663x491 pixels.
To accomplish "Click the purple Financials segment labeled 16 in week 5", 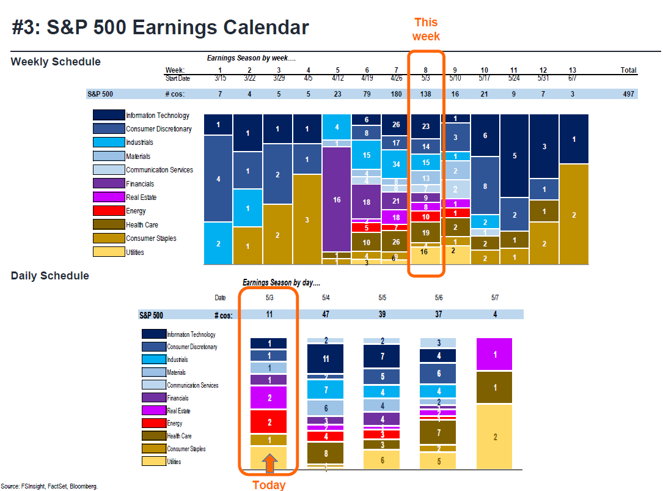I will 337,199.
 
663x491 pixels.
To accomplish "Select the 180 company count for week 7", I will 396,94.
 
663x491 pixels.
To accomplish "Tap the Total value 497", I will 629,94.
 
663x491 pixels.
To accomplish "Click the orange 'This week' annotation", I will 426,29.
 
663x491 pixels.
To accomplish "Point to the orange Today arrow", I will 269,463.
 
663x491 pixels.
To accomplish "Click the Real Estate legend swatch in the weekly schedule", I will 108,198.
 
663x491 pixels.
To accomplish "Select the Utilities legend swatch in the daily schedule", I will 153,462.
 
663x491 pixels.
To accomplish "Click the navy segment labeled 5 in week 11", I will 515,156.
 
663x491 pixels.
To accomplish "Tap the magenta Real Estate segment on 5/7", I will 494,355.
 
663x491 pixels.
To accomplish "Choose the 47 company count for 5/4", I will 326,314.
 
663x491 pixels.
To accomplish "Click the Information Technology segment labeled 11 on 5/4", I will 326,359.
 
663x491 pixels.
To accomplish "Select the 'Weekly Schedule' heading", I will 56,62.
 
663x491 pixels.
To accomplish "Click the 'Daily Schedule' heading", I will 50,276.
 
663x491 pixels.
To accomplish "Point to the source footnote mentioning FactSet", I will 49,486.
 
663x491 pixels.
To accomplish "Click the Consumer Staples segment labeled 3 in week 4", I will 307,220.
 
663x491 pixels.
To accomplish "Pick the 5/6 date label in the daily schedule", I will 439,298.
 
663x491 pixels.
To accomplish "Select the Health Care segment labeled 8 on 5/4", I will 326,454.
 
